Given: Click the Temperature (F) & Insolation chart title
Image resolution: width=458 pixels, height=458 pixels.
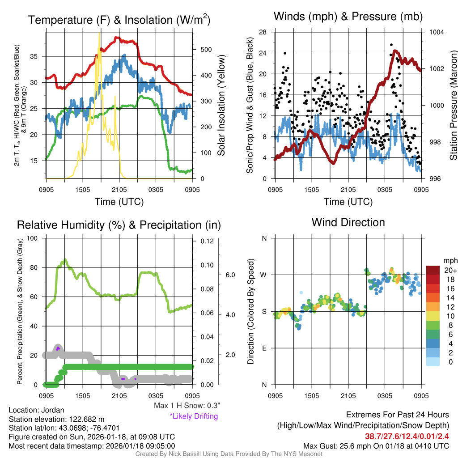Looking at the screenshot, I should coord(119,20).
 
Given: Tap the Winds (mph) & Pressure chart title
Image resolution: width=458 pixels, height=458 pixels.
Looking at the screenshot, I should coord(348,17).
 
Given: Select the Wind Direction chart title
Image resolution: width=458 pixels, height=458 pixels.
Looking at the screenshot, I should coord(348,222).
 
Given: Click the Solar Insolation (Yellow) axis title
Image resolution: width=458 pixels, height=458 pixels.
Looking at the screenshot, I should coord(221,106).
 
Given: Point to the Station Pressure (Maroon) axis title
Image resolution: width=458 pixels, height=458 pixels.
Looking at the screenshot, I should coord(453,106).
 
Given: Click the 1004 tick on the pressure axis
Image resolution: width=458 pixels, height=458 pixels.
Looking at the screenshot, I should coord(436,32).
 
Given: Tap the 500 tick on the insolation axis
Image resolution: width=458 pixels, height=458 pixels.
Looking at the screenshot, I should coord(205,49).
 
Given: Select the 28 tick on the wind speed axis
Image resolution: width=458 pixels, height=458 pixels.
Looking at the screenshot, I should coord(263,32).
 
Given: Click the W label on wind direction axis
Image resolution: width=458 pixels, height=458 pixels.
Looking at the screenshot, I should coord(264,275).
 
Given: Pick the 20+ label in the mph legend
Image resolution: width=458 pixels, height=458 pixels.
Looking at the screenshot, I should coord(450,271).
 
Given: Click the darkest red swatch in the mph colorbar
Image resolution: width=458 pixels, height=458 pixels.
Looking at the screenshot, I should coord(433,271).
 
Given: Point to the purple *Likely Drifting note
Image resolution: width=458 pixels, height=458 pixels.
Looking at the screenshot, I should coord(194,416).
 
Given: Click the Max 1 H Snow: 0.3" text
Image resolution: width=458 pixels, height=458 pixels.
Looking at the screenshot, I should coord(187,406).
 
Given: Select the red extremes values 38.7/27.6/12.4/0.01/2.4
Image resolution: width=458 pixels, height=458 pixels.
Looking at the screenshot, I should coord(407,436).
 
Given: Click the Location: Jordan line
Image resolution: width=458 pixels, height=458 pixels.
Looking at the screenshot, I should coord(37,410).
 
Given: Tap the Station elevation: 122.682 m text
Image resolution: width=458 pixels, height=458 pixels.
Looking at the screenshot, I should coord(56,419).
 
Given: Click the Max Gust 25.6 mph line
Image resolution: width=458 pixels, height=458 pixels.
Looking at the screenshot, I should coord(376,445).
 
